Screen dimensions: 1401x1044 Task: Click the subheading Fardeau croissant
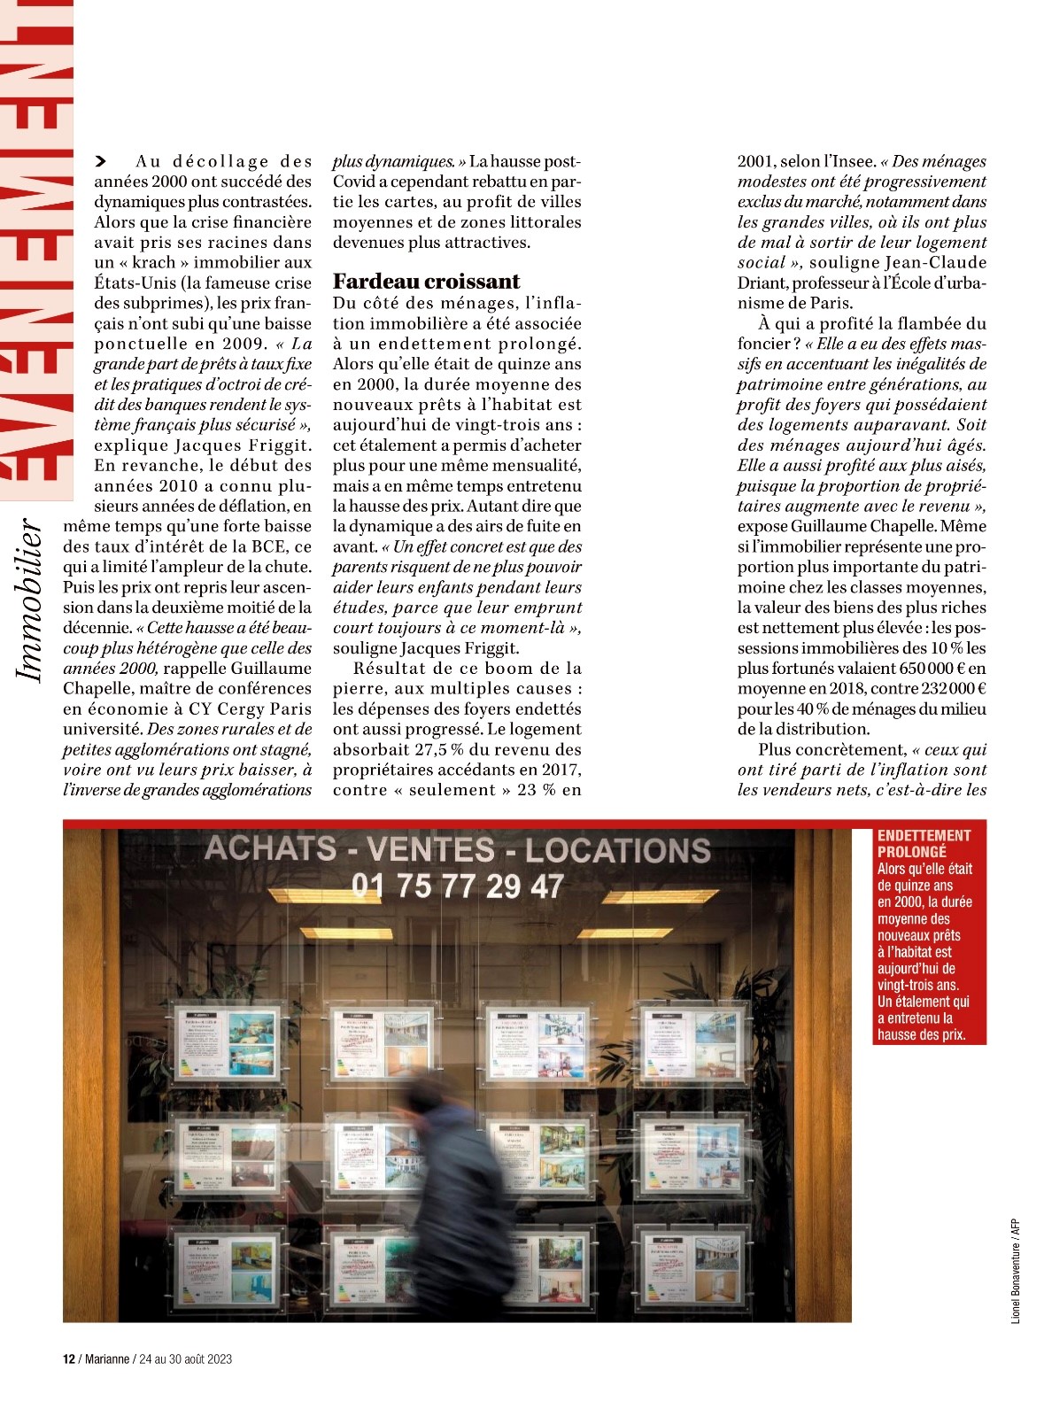point(426,282)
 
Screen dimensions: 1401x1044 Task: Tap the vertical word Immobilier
point(31,601)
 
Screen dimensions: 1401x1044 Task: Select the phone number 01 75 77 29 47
point(457,886)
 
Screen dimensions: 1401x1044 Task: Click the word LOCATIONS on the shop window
point(618,851)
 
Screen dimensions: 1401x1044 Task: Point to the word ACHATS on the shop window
point(270,848)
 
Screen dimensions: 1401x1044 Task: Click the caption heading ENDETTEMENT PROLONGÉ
point(924,843)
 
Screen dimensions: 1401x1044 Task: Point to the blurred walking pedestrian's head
point(431,1095)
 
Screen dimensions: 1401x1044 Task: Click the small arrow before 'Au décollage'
point(100,161)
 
